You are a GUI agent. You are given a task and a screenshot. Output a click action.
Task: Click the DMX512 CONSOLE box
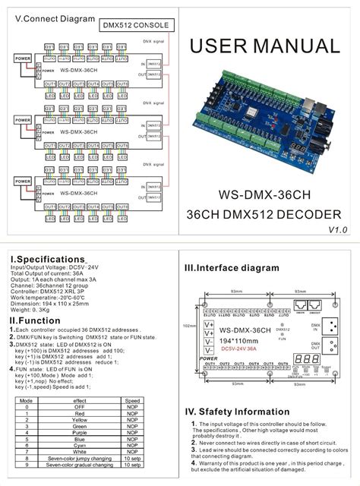pos(136,25)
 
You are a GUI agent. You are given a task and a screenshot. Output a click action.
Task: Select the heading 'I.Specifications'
pos(46,260)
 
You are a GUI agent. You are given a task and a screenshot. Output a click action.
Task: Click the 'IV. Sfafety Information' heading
pos(242,413)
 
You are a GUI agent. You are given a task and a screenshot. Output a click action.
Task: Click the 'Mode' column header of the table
pos(26,399)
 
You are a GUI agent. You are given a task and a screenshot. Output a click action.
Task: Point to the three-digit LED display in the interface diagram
pos(304,359)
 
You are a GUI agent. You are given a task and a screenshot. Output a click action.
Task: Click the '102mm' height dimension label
pos(191,326)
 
